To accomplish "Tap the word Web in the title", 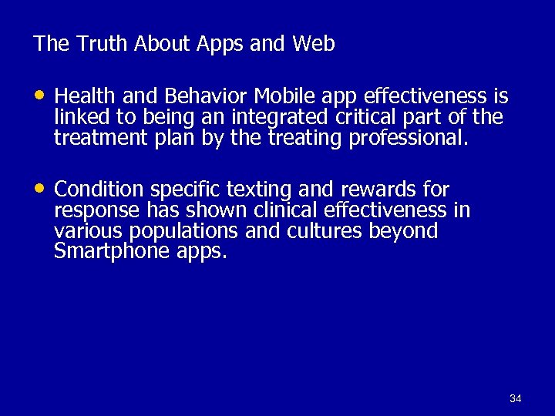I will [x=313, y=45].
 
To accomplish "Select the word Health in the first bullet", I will [x=85, y=96].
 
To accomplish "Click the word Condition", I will [x=99, y=190].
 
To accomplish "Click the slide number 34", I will [x=516, y=398].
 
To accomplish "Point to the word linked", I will [x=77, y=117].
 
